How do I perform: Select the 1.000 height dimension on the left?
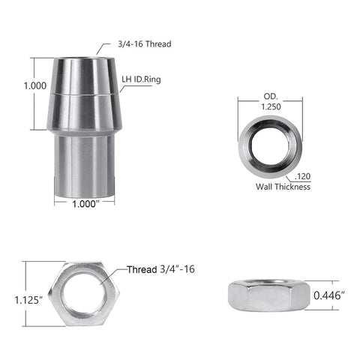[x=14, y=86]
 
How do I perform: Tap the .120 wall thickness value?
[x=303, y=176]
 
